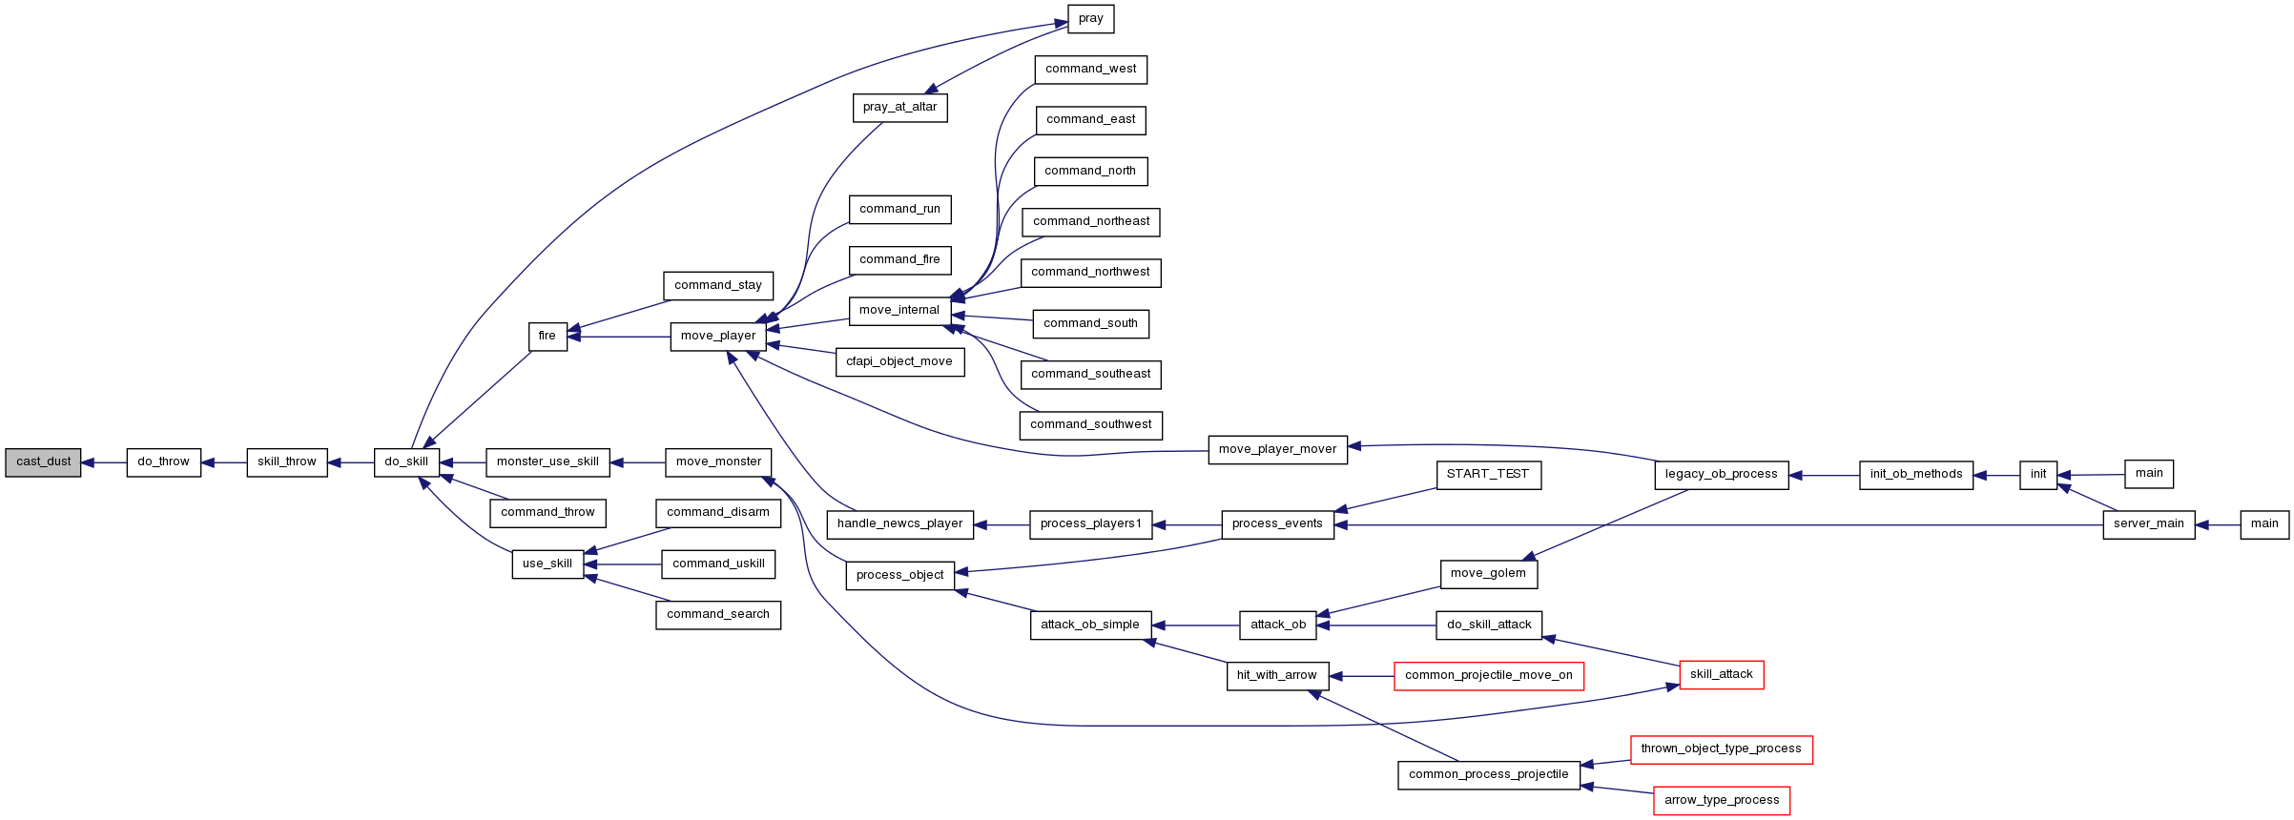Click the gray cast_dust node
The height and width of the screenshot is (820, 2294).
tap(43, 462)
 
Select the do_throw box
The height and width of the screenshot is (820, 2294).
tap(164, 462)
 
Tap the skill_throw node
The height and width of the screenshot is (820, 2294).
tap(287, 462)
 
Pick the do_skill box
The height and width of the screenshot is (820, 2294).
tap(406, 462)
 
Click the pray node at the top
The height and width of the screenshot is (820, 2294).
tap(1091, 19)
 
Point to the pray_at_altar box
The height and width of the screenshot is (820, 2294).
tap(900, 108)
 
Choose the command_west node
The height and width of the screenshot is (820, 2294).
tap(1091, 70)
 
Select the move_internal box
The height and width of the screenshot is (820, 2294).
tap(899, 311)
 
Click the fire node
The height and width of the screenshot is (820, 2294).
tap(548, 337)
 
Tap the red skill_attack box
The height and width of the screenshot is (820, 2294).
tap(1722, 675)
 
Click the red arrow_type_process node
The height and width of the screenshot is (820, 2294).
tap(1722, 801)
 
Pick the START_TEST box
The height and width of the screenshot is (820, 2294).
tap(1488, 475)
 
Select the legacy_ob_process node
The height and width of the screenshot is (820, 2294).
tap(1722, 475)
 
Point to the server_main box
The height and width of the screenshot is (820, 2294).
tap(2149, 524)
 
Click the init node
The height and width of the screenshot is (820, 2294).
tap(2038, 475)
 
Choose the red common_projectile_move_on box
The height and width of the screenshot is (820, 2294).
tap(1489, 676)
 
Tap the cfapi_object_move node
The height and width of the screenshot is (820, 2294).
tap(899, 362)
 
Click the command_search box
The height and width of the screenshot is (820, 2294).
tap(718, 615)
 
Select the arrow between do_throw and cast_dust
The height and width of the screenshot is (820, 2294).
tap(104, 462)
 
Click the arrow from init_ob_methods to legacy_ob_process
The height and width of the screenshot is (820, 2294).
tap(1824, 475)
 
